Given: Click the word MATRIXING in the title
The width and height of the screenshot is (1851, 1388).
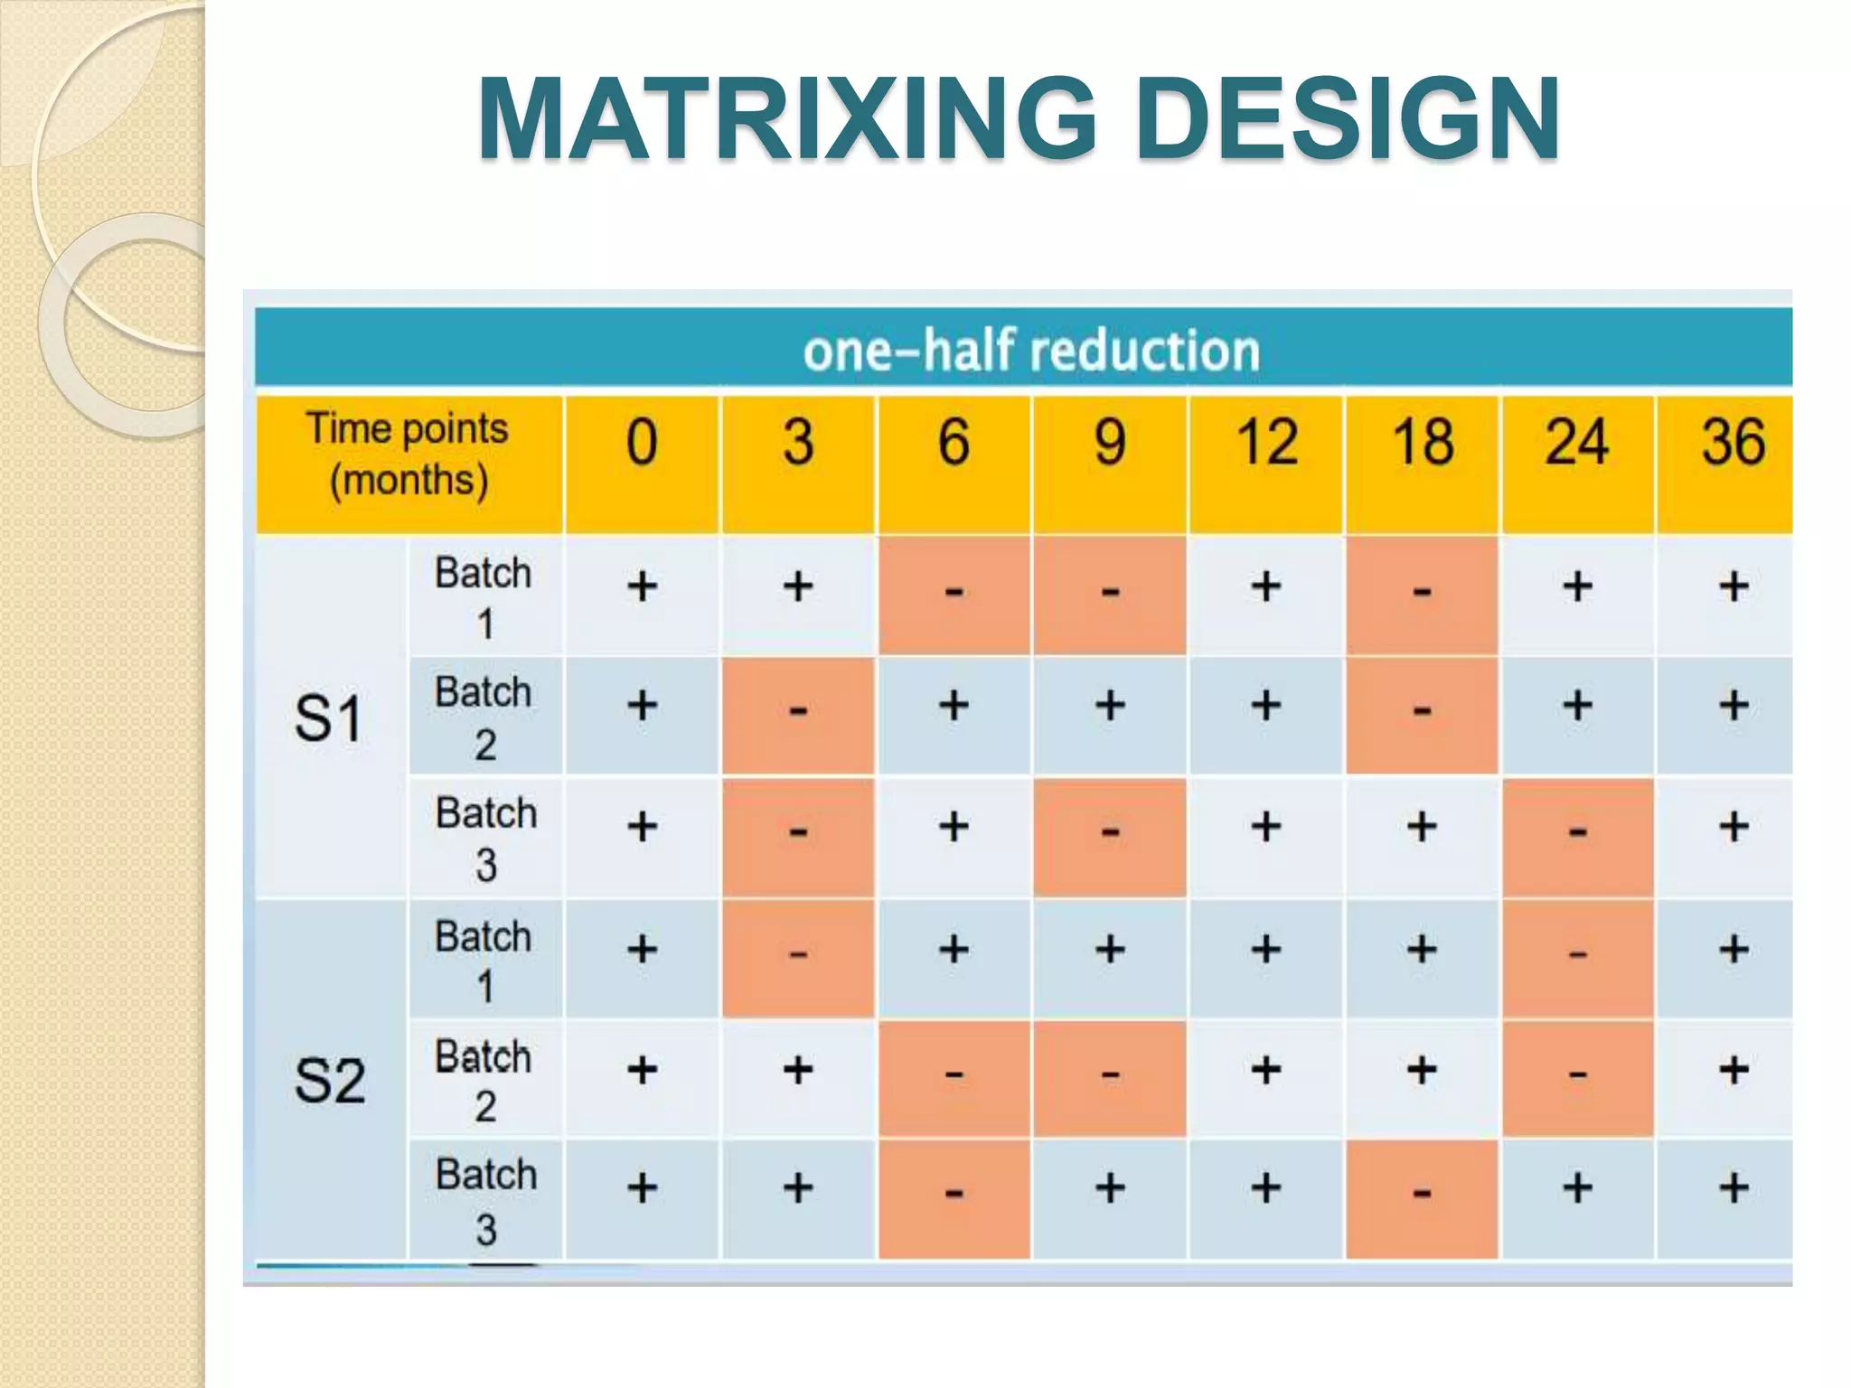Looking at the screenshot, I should point(786,119).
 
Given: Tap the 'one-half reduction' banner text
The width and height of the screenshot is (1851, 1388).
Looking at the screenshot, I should point(1031,351).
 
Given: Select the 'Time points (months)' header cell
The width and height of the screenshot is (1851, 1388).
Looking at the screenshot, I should point(409,454).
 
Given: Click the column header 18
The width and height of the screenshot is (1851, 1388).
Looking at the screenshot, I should point(1422,443).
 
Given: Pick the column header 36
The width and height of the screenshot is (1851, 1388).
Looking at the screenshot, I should point(1733,443).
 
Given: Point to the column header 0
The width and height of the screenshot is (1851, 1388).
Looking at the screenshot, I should point(642,443).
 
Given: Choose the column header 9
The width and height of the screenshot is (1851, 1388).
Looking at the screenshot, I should point(1110,443).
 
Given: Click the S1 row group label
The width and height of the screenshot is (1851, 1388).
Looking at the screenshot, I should point(329,719).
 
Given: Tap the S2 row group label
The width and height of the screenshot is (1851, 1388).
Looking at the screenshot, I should point(329,1081).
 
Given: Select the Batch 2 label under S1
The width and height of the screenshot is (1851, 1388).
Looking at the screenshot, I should point(484,717).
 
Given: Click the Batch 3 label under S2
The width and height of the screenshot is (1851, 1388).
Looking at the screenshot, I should point(486,1201).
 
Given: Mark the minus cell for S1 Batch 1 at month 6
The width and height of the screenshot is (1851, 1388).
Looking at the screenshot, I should point(954,593).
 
